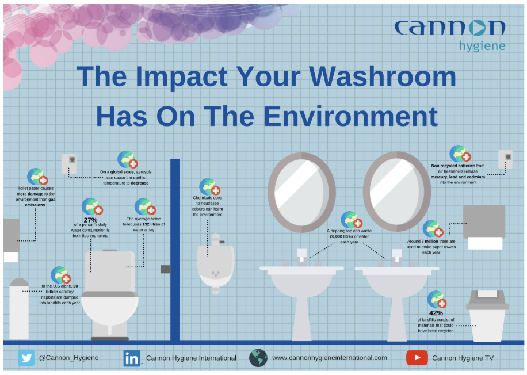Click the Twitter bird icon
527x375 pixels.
[26, 358]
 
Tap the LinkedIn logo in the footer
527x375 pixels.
[132, 358]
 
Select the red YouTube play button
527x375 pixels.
[417, 358]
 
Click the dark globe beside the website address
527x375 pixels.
[258, 358]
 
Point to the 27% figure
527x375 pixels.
[90, 220]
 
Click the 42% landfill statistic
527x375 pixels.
[436, 313]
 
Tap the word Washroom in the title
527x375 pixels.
[382, 76]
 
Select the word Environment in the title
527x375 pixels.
[350, 116]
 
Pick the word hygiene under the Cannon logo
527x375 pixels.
[482, 46]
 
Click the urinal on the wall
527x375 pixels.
[215, 264]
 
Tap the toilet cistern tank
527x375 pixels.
[109, 271]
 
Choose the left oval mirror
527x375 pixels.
[301, 192]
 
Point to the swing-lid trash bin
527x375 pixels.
[487, 316]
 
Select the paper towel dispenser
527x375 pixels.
[484, 227]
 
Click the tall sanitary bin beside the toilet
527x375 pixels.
[19, 309]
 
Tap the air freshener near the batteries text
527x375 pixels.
[505, 159]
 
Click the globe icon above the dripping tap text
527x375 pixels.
[351, 220]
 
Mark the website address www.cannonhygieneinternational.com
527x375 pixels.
[329, 358]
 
